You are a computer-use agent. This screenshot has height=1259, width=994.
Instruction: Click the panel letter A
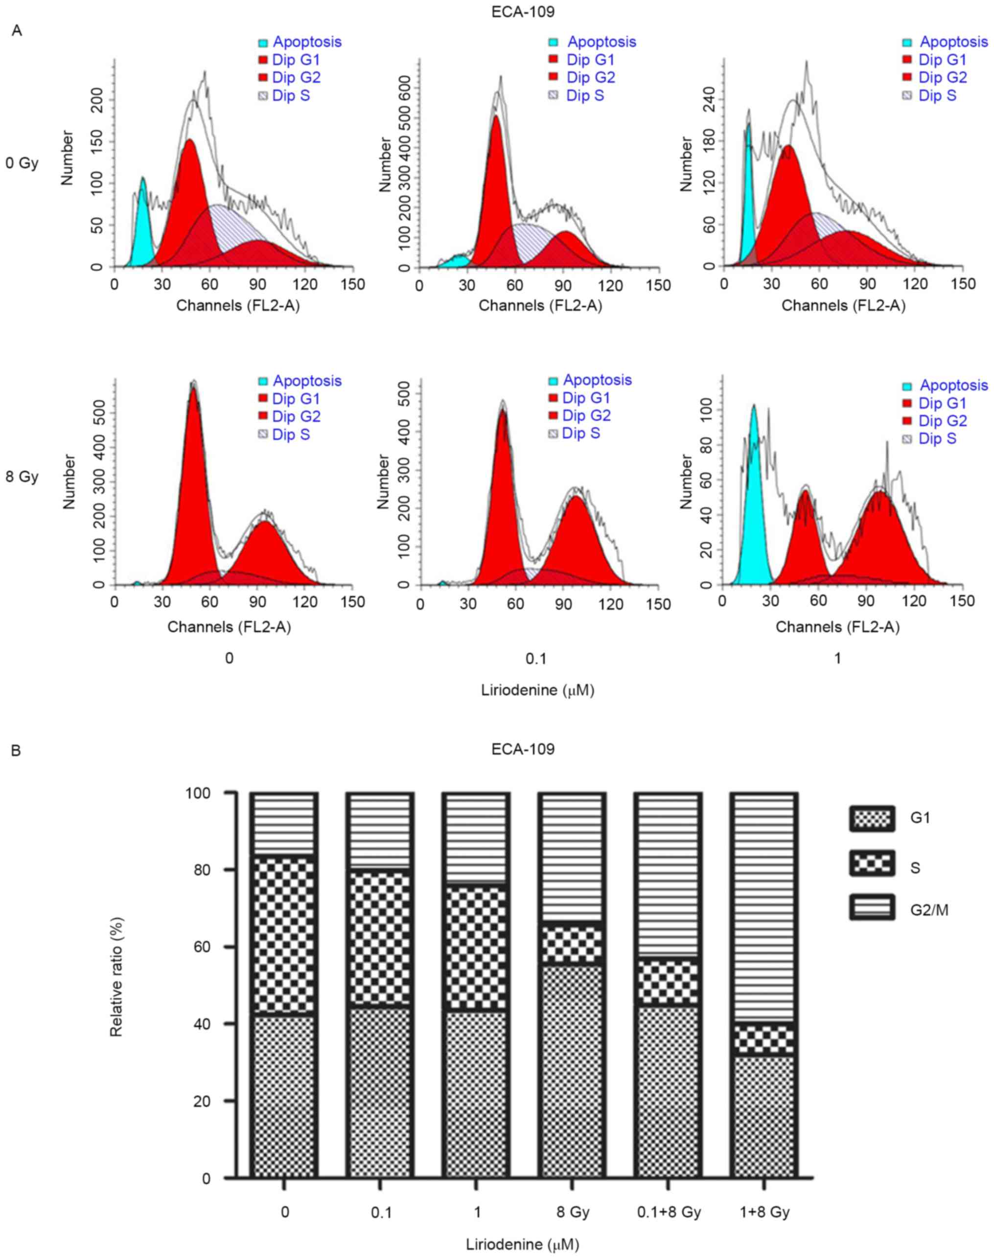(17, 31)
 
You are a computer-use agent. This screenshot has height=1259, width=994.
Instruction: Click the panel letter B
(16, 751)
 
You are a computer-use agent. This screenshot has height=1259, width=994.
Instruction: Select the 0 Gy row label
(22, 163)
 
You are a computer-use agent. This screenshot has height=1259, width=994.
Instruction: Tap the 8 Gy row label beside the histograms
(22, 477)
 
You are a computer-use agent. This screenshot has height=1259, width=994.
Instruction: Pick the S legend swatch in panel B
(871, 864)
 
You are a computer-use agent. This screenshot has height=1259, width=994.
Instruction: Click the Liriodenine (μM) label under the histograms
(538, 690)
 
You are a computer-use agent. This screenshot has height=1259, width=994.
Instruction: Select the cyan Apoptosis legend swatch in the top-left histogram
(263, 43)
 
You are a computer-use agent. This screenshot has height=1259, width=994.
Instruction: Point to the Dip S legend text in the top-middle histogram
(585, 95)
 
